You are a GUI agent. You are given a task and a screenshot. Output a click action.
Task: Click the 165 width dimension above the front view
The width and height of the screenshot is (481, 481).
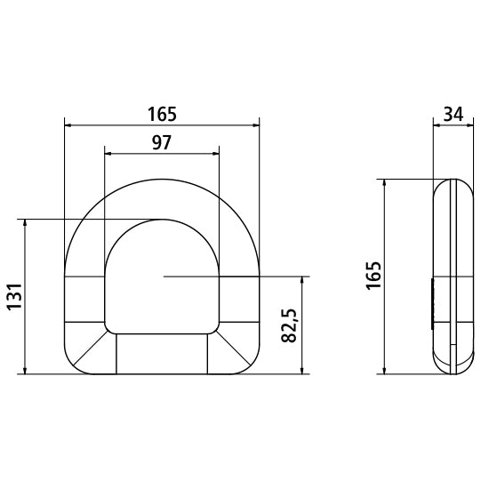[163, 114]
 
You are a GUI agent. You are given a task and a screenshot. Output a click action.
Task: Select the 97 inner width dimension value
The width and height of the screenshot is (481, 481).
[162, 142]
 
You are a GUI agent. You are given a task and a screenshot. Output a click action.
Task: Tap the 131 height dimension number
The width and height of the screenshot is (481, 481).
[12, 295]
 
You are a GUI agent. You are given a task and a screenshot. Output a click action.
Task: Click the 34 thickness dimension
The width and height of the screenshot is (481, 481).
[452, 114]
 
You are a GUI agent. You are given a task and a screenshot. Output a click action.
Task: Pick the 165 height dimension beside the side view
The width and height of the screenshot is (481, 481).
[373, 276]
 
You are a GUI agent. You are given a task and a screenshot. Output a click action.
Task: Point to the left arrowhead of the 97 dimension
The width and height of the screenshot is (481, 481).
[108, 153]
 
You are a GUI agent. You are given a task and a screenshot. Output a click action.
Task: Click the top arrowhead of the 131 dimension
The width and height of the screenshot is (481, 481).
[26, 222]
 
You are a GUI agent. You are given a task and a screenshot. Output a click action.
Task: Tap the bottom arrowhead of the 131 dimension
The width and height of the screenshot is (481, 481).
[26, 370]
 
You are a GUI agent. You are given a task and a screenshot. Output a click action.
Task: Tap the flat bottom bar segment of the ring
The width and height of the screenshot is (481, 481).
[162, 354]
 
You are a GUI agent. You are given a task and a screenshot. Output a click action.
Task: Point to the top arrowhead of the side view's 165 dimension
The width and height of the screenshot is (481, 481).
[384, 182]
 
